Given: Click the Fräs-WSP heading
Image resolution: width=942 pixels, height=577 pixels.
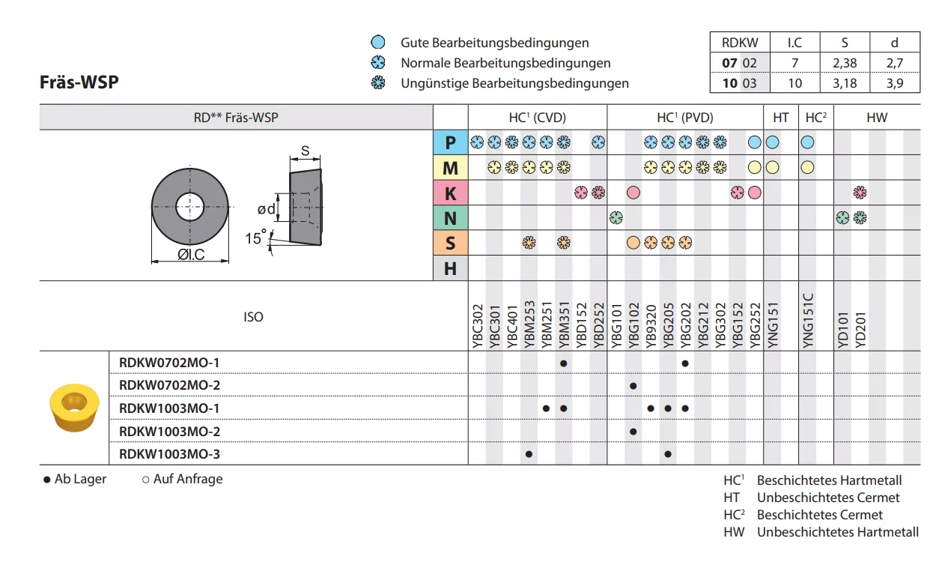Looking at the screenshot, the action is (x=79, y=82).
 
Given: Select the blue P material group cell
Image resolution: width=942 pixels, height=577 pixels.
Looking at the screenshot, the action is (x=450, y=142).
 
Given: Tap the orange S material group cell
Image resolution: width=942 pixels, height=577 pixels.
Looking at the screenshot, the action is (x=450, y=243).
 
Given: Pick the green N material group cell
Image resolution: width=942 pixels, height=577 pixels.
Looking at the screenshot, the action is (x=450, y=218).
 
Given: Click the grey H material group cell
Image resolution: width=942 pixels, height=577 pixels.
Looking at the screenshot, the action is (x=450, y=268).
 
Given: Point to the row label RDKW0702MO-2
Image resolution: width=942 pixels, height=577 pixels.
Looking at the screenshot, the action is (x=169, y=385).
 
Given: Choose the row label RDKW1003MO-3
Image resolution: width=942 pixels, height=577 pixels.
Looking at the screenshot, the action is (x=169, y=454).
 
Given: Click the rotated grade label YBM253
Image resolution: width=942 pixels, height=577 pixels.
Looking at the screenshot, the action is (x=529, y=324).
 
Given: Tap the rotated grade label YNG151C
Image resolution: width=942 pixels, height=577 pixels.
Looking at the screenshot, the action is (x=808, y=321).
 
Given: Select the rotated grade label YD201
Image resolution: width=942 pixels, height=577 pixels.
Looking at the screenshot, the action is (x=860, y=330).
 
